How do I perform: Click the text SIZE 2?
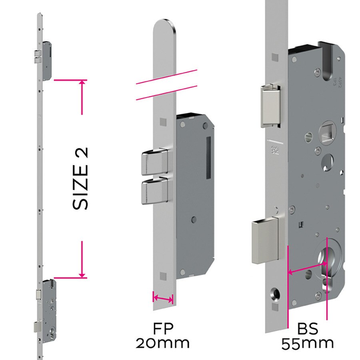[x=80, y=178]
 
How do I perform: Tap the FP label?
[x=162, y=329]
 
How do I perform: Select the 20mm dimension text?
[x=162, y=343]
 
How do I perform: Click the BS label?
[x=307, y=329]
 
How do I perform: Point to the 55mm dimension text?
[x=307, y=343]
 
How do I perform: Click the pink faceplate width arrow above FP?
[x=163, y=298]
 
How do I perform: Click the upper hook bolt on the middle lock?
[x=154, y=161]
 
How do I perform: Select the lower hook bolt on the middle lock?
[x=154, y=191]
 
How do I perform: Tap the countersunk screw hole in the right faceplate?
[x=276, y=296]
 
